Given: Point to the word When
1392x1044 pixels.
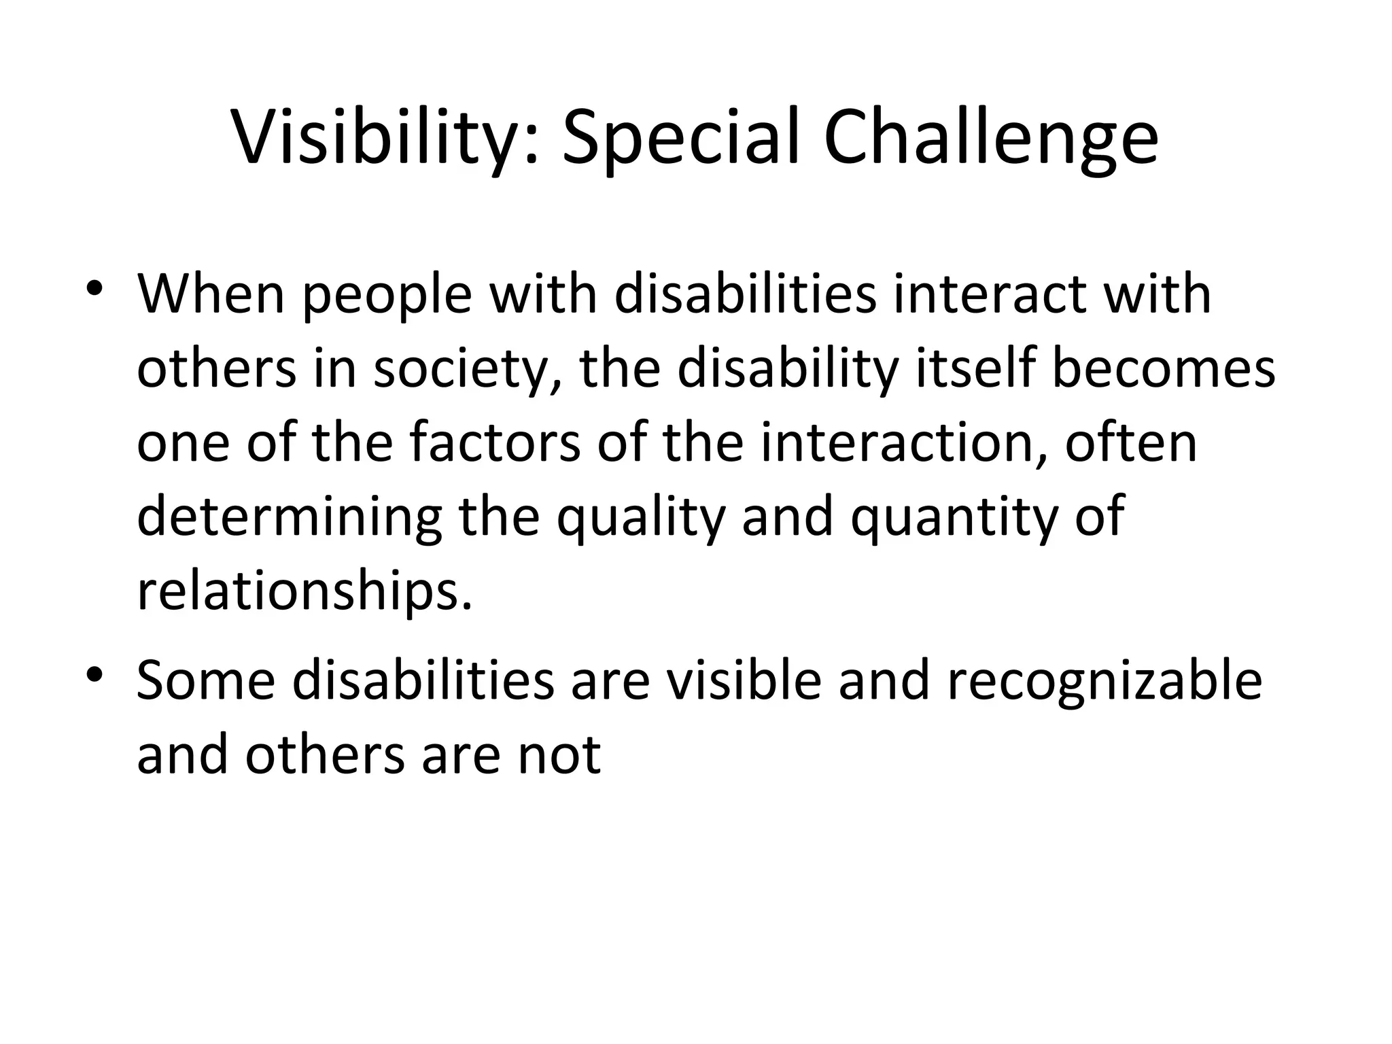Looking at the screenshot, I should click(x=211, y=295).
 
